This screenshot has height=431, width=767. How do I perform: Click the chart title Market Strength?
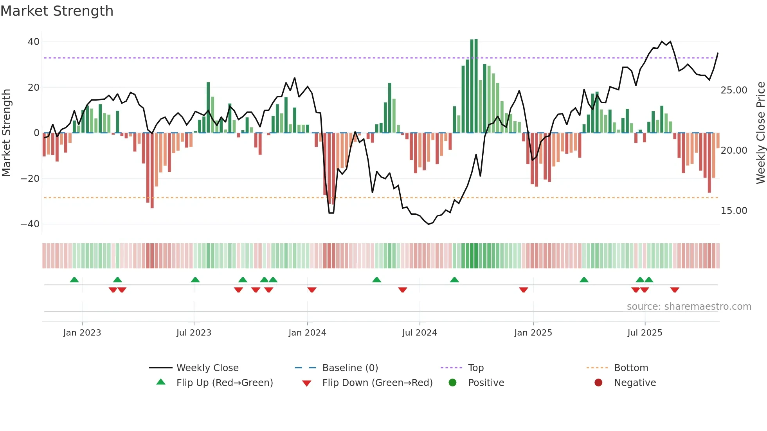tap(57, 11)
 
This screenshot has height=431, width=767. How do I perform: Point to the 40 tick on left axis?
tap(34, 42)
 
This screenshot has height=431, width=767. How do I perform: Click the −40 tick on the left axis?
tap(30, 224)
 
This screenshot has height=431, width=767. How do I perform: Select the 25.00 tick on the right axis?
tap(734, 90)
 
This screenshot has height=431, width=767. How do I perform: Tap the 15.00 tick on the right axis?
tap(734, 211)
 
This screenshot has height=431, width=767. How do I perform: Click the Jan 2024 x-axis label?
tap(307, 333)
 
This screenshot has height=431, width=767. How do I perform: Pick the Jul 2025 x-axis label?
tap(645, 333)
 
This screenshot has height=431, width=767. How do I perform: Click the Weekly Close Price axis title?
tap(760, 133)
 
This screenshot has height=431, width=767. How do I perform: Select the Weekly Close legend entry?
tap(207, 368)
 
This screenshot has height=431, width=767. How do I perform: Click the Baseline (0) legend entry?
tap(350, 368)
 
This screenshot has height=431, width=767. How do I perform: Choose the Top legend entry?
tap(475, 368)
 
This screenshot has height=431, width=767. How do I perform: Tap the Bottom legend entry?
tap(631, 368)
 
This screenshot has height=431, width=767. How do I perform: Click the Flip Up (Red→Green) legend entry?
tap(224, 383)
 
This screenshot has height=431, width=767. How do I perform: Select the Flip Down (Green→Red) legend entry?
tap(377, 383)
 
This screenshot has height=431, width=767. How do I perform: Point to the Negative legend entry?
tap(635, 383)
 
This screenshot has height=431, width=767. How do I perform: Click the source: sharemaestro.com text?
tap(689, 307)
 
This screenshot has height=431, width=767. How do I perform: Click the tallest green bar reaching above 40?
tap(476, 86)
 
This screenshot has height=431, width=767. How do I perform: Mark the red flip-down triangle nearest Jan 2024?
tap(312, 290)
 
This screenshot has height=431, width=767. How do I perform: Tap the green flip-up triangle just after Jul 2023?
tap(195, 280)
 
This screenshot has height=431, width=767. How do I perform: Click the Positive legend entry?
tap(486, 383)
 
